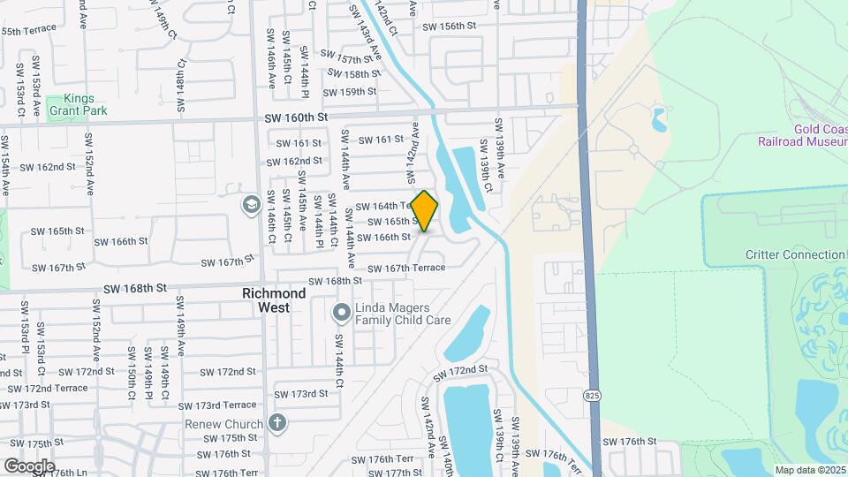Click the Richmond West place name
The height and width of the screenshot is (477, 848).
(x=275, y=299)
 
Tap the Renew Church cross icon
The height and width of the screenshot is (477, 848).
(x=277, y=424)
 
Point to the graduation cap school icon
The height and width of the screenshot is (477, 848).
(x=250, y=204)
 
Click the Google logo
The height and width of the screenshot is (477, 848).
(x=29, y=466)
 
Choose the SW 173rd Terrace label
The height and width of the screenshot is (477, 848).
(x=216, y=405)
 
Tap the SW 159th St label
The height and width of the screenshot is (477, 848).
(x=350, y=92)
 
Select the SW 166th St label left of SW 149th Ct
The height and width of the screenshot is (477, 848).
(x=121, y=241)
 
